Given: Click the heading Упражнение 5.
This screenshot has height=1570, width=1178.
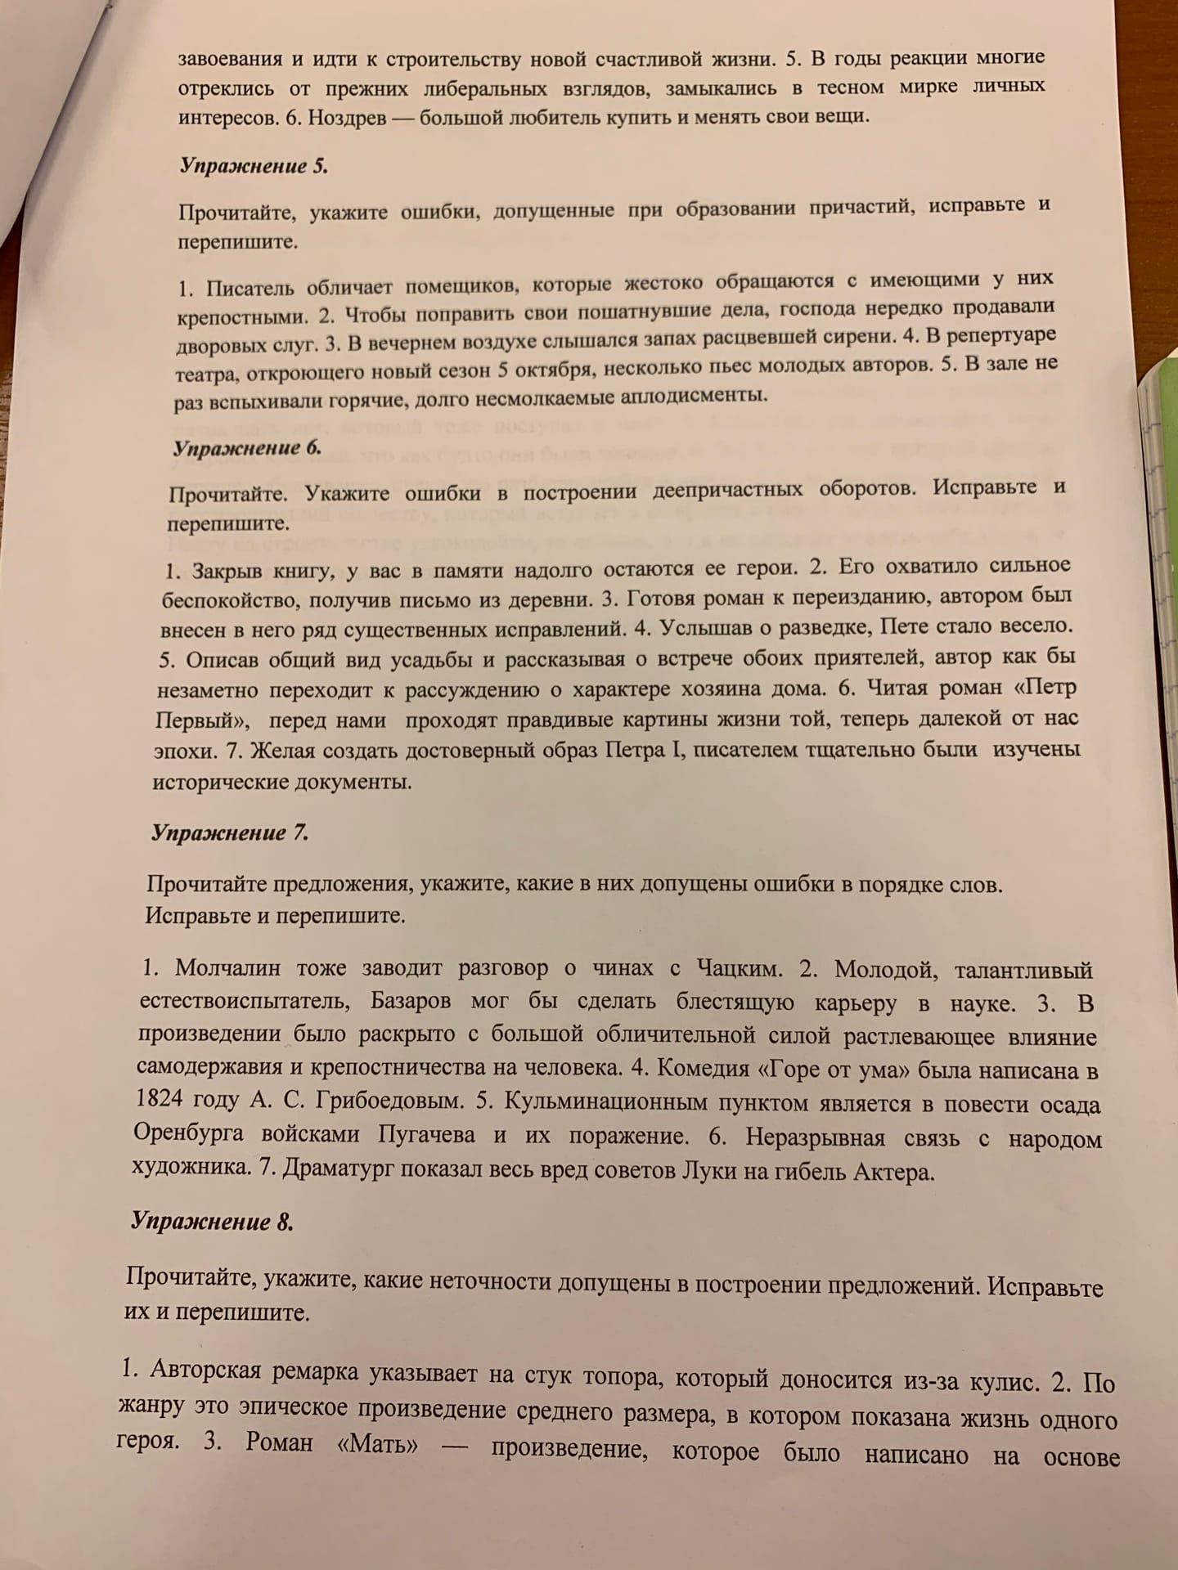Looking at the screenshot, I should coord(253,165).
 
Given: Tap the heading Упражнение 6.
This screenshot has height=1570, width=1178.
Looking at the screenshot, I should coord(246,447).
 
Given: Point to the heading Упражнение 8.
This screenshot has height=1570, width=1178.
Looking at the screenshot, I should coord(212,1222).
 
